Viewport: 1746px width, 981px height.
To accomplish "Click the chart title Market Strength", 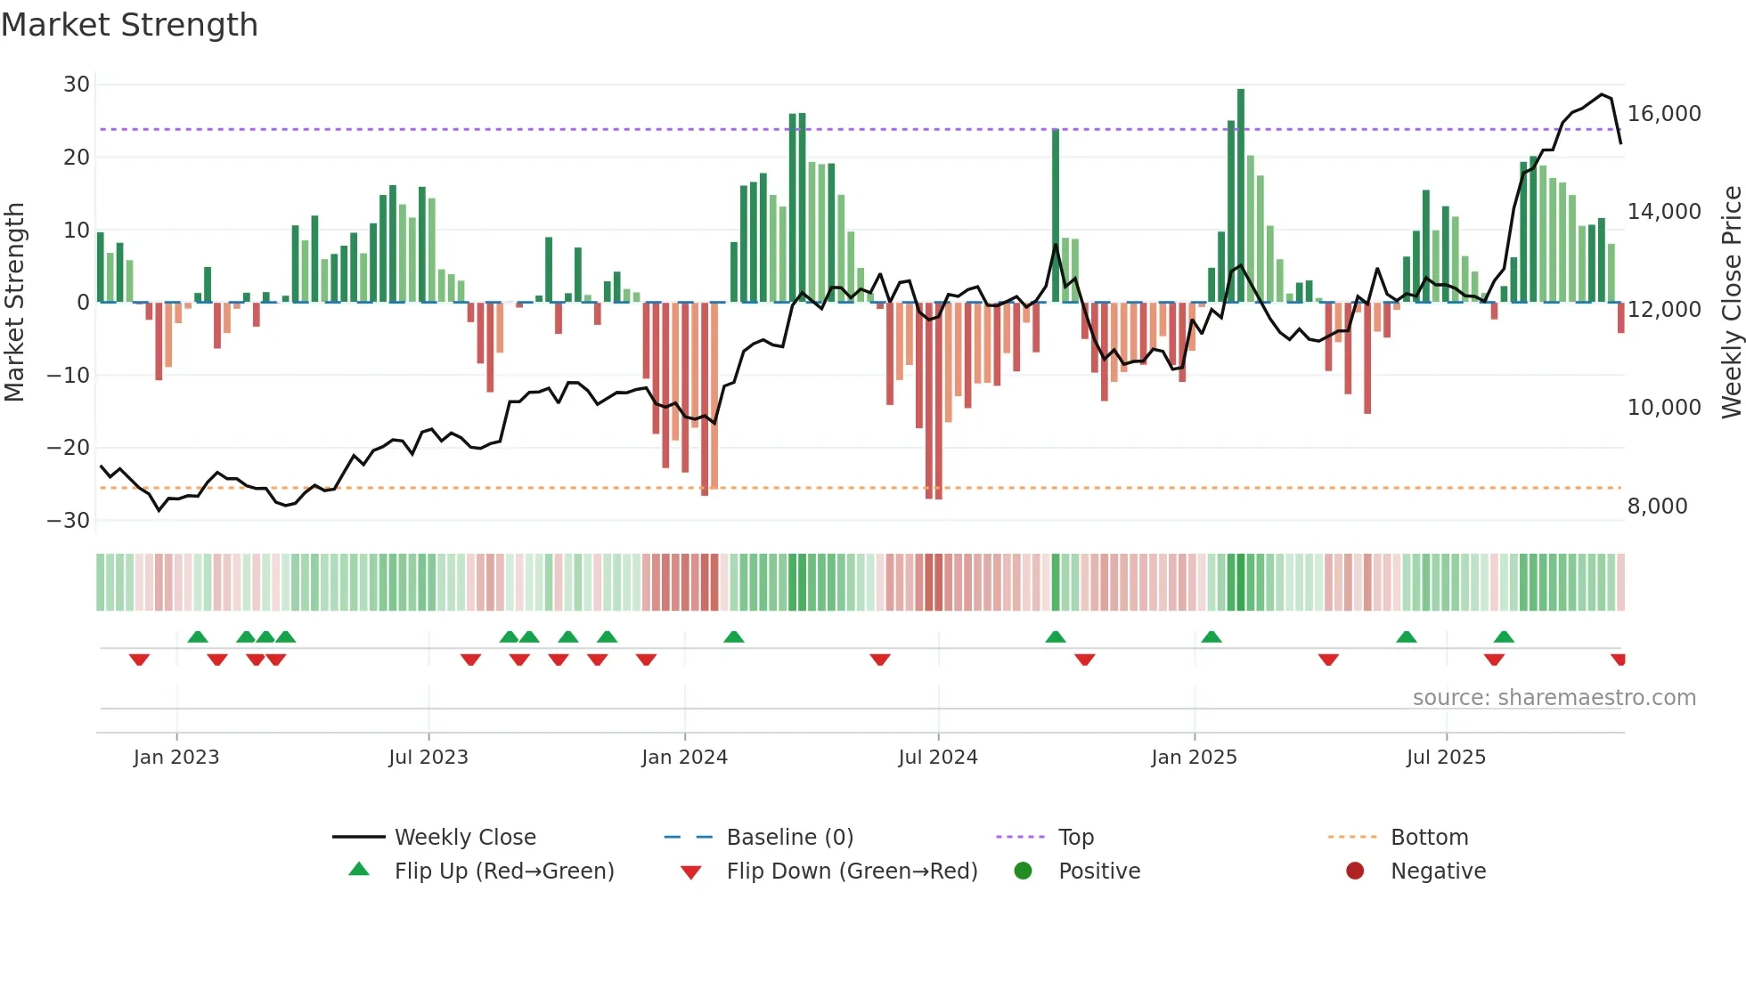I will coord(129,25).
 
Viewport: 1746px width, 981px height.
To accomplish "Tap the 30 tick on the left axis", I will coord(77,85).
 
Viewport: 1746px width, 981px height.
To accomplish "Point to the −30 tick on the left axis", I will coord(69,521).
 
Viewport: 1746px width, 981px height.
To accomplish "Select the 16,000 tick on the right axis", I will coord(1664,114).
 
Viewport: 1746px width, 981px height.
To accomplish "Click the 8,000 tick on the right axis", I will coord(1657,507).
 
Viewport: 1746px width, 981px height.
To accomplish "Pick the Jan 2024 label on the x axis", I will coord(684,758).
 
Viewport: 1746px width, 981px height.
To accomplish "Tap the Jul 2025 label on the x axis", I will coord(1446,758).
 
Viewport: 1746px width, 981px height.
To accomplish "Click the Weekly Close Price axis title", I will coord(1731,303).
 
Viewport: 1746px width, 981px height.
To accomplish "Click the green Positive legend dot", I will coord(1023,871).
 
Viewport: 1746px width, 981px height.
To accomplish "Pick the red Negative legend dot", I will coord(1355,871).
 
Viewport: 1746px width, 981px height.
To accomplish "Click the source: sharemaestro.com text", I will coord(1554,698).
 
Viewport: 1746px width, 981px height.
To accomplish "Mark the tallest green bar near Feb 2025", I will coord(1241,196).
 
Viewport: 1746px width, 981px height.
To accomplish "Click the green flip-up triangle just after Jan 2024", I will coord(734,636).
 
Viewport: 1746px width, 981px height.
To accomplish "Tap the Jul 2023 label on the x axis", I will coord(428,758).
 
